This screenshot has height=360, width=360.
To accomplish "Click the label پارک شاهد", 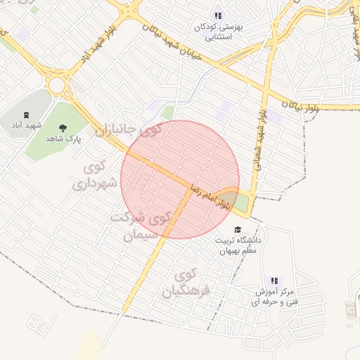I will coord(64,139).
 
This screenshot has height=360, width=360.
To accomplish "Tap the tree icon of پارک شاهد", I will coord(64,128).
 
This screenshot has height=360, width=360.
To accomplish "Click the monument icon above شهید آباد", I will coord(27,115).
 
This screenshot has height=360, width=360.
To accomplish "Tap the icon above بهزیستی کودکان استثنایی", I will coord(217,15).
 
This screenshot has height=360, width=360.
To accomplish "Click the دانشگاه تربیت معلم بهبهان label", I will coord(238,245).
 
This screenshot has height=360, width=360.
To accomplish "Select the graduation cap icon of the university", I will coord(238,230).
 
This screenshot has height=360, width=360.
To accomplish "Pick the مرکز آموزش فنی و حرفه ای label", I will coord(274,296).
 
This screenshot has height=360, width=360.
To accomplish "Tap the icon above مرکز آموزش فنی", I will coord(274,280).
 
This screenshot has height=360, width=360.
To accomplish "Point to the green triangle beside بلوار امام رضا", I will coord(236,200).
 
